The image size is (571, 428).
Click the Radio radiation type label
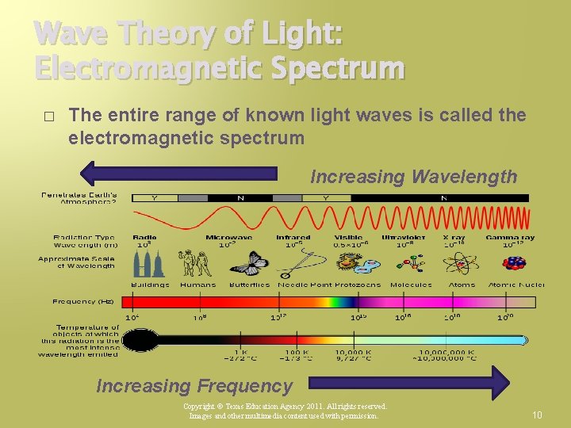(144, 237)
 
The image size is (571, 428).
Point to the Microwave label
(228, 237)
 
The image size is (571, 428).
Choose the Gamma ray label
(510, 237)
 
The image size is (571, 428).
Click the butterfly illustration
(248, 262)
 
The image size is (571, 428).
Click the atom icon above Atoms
(462, 262)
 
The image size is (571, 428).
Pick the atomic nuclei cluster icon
(515, 262)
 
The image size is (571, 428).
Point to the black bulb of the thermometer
(141, 340)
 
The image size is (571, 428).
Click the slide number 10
(537, 415)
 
